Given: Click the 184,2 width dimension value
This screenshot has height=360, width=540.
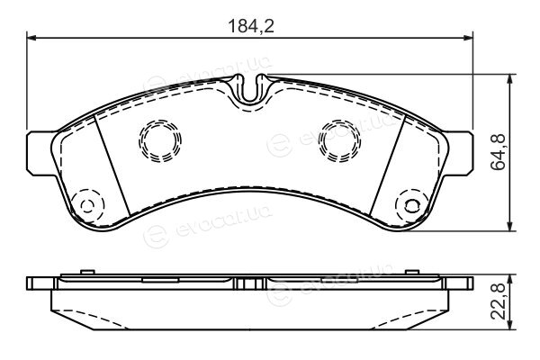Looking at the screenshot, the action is (x=251, y=26).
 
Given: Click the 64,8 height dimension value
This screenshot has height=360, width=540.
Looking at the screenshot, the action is (x=498, y=152).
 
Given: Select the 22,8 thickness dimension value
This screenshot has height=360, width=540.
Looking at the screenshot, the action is (x=498, y=301).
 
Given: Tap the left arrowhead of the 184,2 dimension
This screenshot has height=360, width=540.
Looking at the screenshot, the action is (x=31, y=38).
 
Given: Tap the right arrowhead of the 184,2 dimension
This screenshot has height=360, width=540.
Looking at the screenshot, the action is (x=468, y=38).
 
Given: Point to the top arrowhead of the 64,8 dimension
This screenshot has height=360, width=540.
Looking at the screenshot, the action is (x=510, y=79).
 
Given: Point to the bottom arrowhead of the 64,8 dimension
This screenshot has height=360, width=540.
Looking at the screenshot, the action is (x=510, y=226).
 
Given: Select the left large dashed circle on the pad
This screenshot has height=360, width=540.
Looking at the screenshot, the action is (x=160, y=140).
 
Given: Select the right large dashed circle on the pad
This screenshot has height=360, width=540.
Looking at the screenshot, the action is (x=339, y=140).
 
